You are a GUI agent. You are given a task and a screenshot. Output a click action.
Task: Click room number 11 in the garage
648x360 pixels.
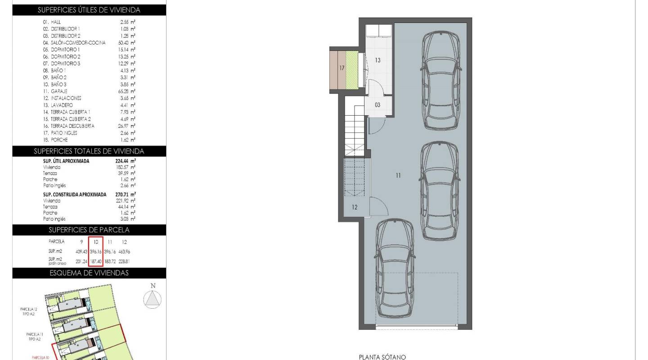coord(398,175)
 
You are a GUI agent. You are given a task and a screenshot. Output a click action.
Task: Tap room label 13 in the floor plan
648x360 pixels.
coord(378,60)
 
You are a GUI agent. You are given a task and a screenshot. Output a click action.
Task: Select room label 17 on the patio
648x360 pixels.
coord(342,68)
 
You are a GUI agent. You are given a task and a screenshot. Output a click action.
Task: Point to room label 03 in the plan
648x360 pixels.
coord(378,105)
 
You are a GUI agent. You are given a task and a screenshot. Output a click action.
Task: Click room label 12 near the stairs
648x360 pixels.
coord(355,207)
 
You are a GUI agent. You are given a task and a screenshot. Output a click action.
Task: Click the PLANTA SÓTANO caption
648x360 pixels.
coord(382,357)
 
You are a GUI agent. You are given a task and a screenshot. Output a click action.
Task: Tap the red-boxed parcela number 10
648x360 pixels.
coord(96,242)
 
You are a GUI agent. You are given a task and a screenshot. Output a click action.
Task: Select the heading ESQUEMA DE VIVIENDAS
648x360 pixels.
coord(89,273)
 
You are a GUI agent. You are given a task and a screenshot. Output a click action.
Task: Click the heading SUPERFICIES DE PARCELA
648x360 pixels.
coord(89,230)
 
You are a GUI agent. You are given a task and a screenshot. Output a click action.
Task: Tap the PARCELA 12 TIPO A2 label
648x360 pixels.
coord(29,311)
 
